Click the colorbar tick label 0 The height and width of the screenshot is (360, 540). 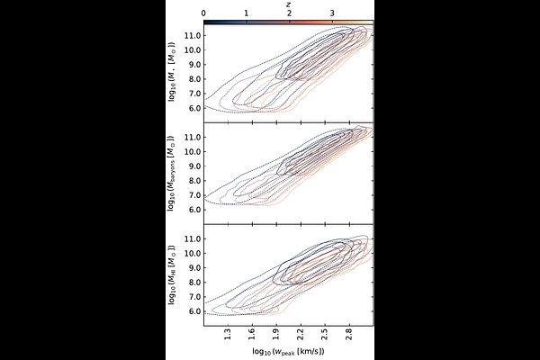point(204,13)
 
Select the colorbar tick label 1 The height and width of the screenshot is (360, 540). point(247,13)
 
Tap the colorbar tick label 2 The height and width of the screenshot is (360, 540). point(289,13)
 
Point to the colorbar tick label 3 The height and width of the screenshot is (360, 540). point(332,13)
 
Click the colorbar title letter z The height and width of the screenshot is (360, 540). point(289,4)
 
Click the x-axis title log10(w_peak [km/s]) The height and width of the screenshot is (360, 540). point(289,348)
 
